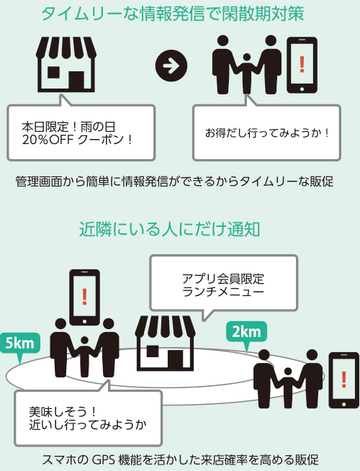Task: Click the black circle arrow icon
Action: pos(171,66)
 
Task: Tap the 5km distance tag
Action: pos(20,344)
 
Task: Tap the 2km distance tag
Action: pos(246,332)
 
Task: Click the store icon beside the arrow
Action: pos(66,64)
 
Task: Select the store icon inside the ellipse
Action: pos(165,343)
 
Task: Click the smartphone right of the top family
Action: pos(302,65)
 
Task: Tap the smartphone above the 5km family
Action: pos(84,297)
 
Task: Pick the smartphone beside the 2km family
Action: pos(343,380)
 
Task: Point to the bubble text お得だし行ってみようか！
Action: pos(267,133)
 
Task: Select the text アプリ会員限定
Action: pos(223,279)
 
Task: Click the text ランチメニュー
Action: pos(223,292)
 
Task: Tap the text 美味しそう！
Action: pos(63,411)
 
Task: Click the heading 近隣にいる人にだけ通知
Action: pos(170,230)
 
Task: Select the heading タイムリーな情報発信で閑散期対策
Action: pos(173,14)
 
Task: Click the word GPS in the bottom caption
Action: pos(103,460)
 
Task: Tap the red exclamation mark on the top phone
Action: pos(302,65)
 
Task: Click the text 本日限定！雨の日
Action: pos(68,127)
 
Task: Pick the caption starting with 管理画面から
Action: pos(174,181)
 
